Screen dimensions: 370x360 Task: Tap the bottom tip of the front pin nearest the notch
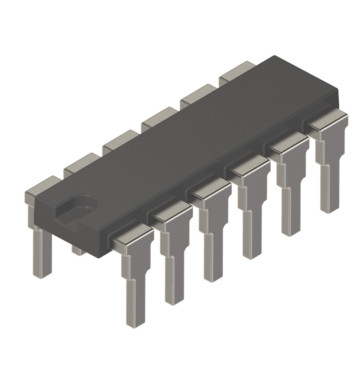135,322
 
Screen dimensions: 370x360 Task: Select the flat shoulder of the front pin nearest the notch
132,239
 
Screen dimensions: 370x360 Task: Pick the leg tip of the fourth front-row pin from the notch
251,255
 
